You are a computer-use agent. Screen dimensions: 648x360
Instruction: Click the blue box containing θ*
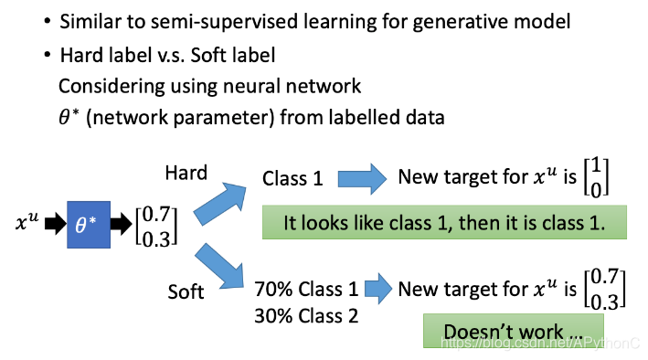pyautogui.click(x=89, y=225)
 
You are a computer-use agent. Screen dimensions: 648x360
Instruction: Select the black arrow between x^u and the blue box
pyautogui.click(x=56, y=224)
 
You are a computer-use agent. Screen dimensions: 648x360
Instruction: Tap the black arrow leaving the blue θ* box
pyautogui.click(x=121, y=224)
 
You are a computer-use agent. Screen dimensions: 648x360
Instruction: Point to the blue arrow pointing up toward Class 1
pyautogui.click(x=220, y=204)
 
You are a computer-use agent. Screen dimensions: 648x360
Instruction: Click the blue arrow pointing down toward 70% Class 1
pyautogui.click(x=219, y=266)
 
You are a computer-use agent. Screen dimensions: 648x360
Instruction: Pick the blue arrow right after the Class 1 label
pyautogui.click(x=362, y=179)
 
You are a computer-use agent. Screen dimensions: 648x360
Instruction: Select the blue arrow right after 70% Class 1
pyautogui.click(x=378, y=289)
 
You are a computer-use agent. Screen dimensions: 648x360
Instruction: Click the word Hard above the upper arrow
pyautogui.click(x=186, y=173)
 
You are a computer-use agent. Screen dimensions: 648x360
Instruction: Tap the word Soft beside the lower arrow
pyautogui.click(x=186, y=291)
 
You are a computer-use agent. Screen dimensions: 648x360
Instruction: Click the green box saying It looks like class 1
pyautogui.click(x=444, y=222)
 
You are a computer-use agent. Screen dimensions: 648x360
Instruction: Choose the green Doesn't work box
pyautogui.click(x=514, y=331)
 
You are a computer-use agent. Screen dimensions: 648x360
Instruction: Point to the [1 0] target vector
pyautogui.click(x=596, y=177)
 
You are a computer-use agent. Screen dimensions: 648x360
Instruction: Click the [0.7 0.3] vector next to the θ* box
pyautogui.click(x=156, y=227)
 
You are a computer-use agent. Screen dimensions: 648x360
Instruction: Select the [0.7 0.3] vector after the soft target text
pyautogui.click(x=605, y=289)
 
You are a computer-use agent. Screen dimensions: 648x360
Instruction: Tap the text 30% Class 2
pyautogui.click(x=306, y=316)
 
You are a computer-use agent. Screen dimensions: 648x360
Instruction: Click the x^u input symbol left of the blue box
pyautogui.click(x=27, y=221)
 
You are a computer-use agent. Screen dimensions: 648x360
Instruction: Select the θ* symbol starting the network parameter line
pyautogui.click(x=69, y=117)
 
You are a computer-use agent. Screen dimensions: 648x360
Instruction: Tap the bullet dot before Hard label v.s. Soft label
pyautogui.click(x=48, y=54)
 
